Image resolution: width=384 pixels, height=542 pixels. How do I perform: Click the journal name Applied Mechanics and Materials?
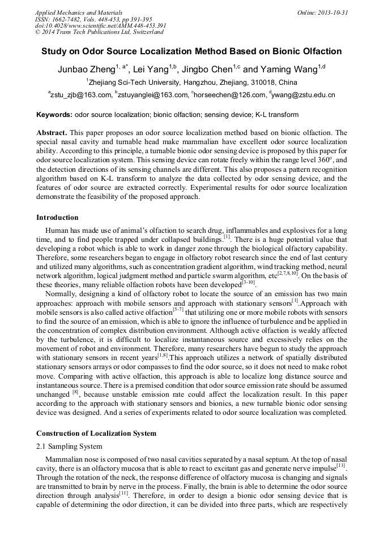(79, 12)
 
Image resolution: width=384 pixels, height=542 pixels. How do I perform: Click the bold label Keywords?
(54, 115)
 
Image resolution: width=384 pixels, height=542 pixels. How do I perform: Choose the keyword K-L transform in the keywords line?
(276, 115)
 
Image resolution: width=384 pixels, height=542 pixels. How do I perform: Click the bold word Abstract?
(52, 132)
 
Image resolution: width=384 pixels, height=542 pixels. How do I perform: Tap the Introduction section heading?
(57, 218)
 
